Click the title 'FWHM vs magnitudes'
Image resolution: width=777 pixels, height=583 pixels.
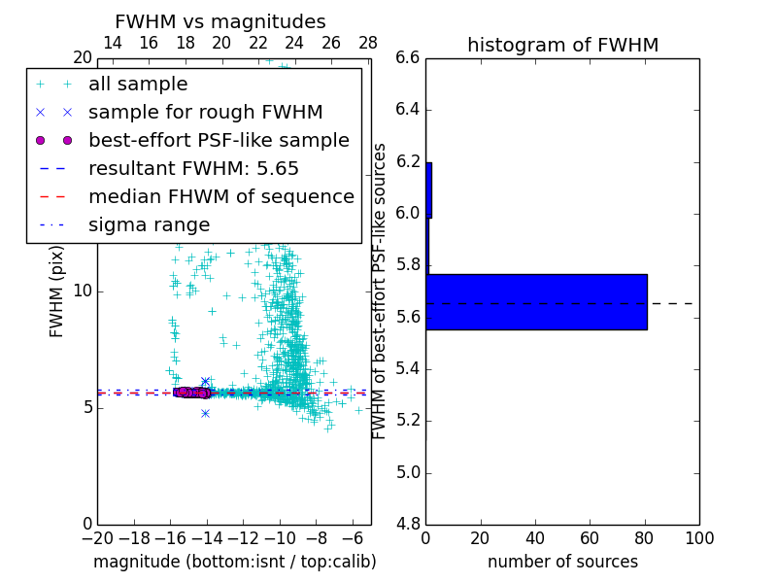[x=220, y=21]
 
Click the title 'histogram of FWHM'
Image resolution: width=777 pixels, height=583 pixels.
[x=562, y=45]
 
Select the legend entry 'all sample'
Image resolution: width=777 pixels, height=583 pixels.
[x=138, y=85]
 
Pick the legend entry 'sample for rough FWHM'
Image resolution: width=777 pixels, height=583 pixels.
[x=205, y=112]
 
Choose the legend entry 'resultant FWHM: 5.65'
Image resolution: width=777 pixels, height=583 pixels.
[x=193, y=168]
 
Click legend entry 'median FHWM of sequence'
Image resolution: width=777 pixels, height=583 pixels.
[x=220, y=196]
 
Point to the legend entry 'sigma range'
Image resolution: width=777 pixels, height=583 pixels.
[x=149, y=224]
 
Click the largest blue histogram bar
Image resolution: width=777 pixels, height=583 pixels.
[x=536, y=301]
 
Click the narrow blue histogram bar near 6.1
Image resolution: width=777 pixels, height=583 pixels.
[x=428, y=189]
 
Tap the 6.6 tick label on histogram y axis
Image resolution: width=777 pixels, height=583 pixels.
[x=408, y=57]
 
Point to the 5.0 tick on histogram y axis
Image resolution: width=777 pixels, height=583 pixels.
[x=408, y=472]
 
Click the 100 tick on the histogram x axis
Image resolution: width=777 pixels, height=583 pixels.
[x=698, y=537]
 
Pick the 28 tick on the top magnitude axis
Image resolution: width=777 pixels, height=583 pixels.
[x=368, y=43]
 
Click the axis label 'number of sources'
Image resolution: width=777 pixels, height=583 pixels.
[x=562, y=562]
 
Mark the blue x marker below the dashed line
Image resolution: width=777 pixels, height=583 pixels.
[x=205, y=413]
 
